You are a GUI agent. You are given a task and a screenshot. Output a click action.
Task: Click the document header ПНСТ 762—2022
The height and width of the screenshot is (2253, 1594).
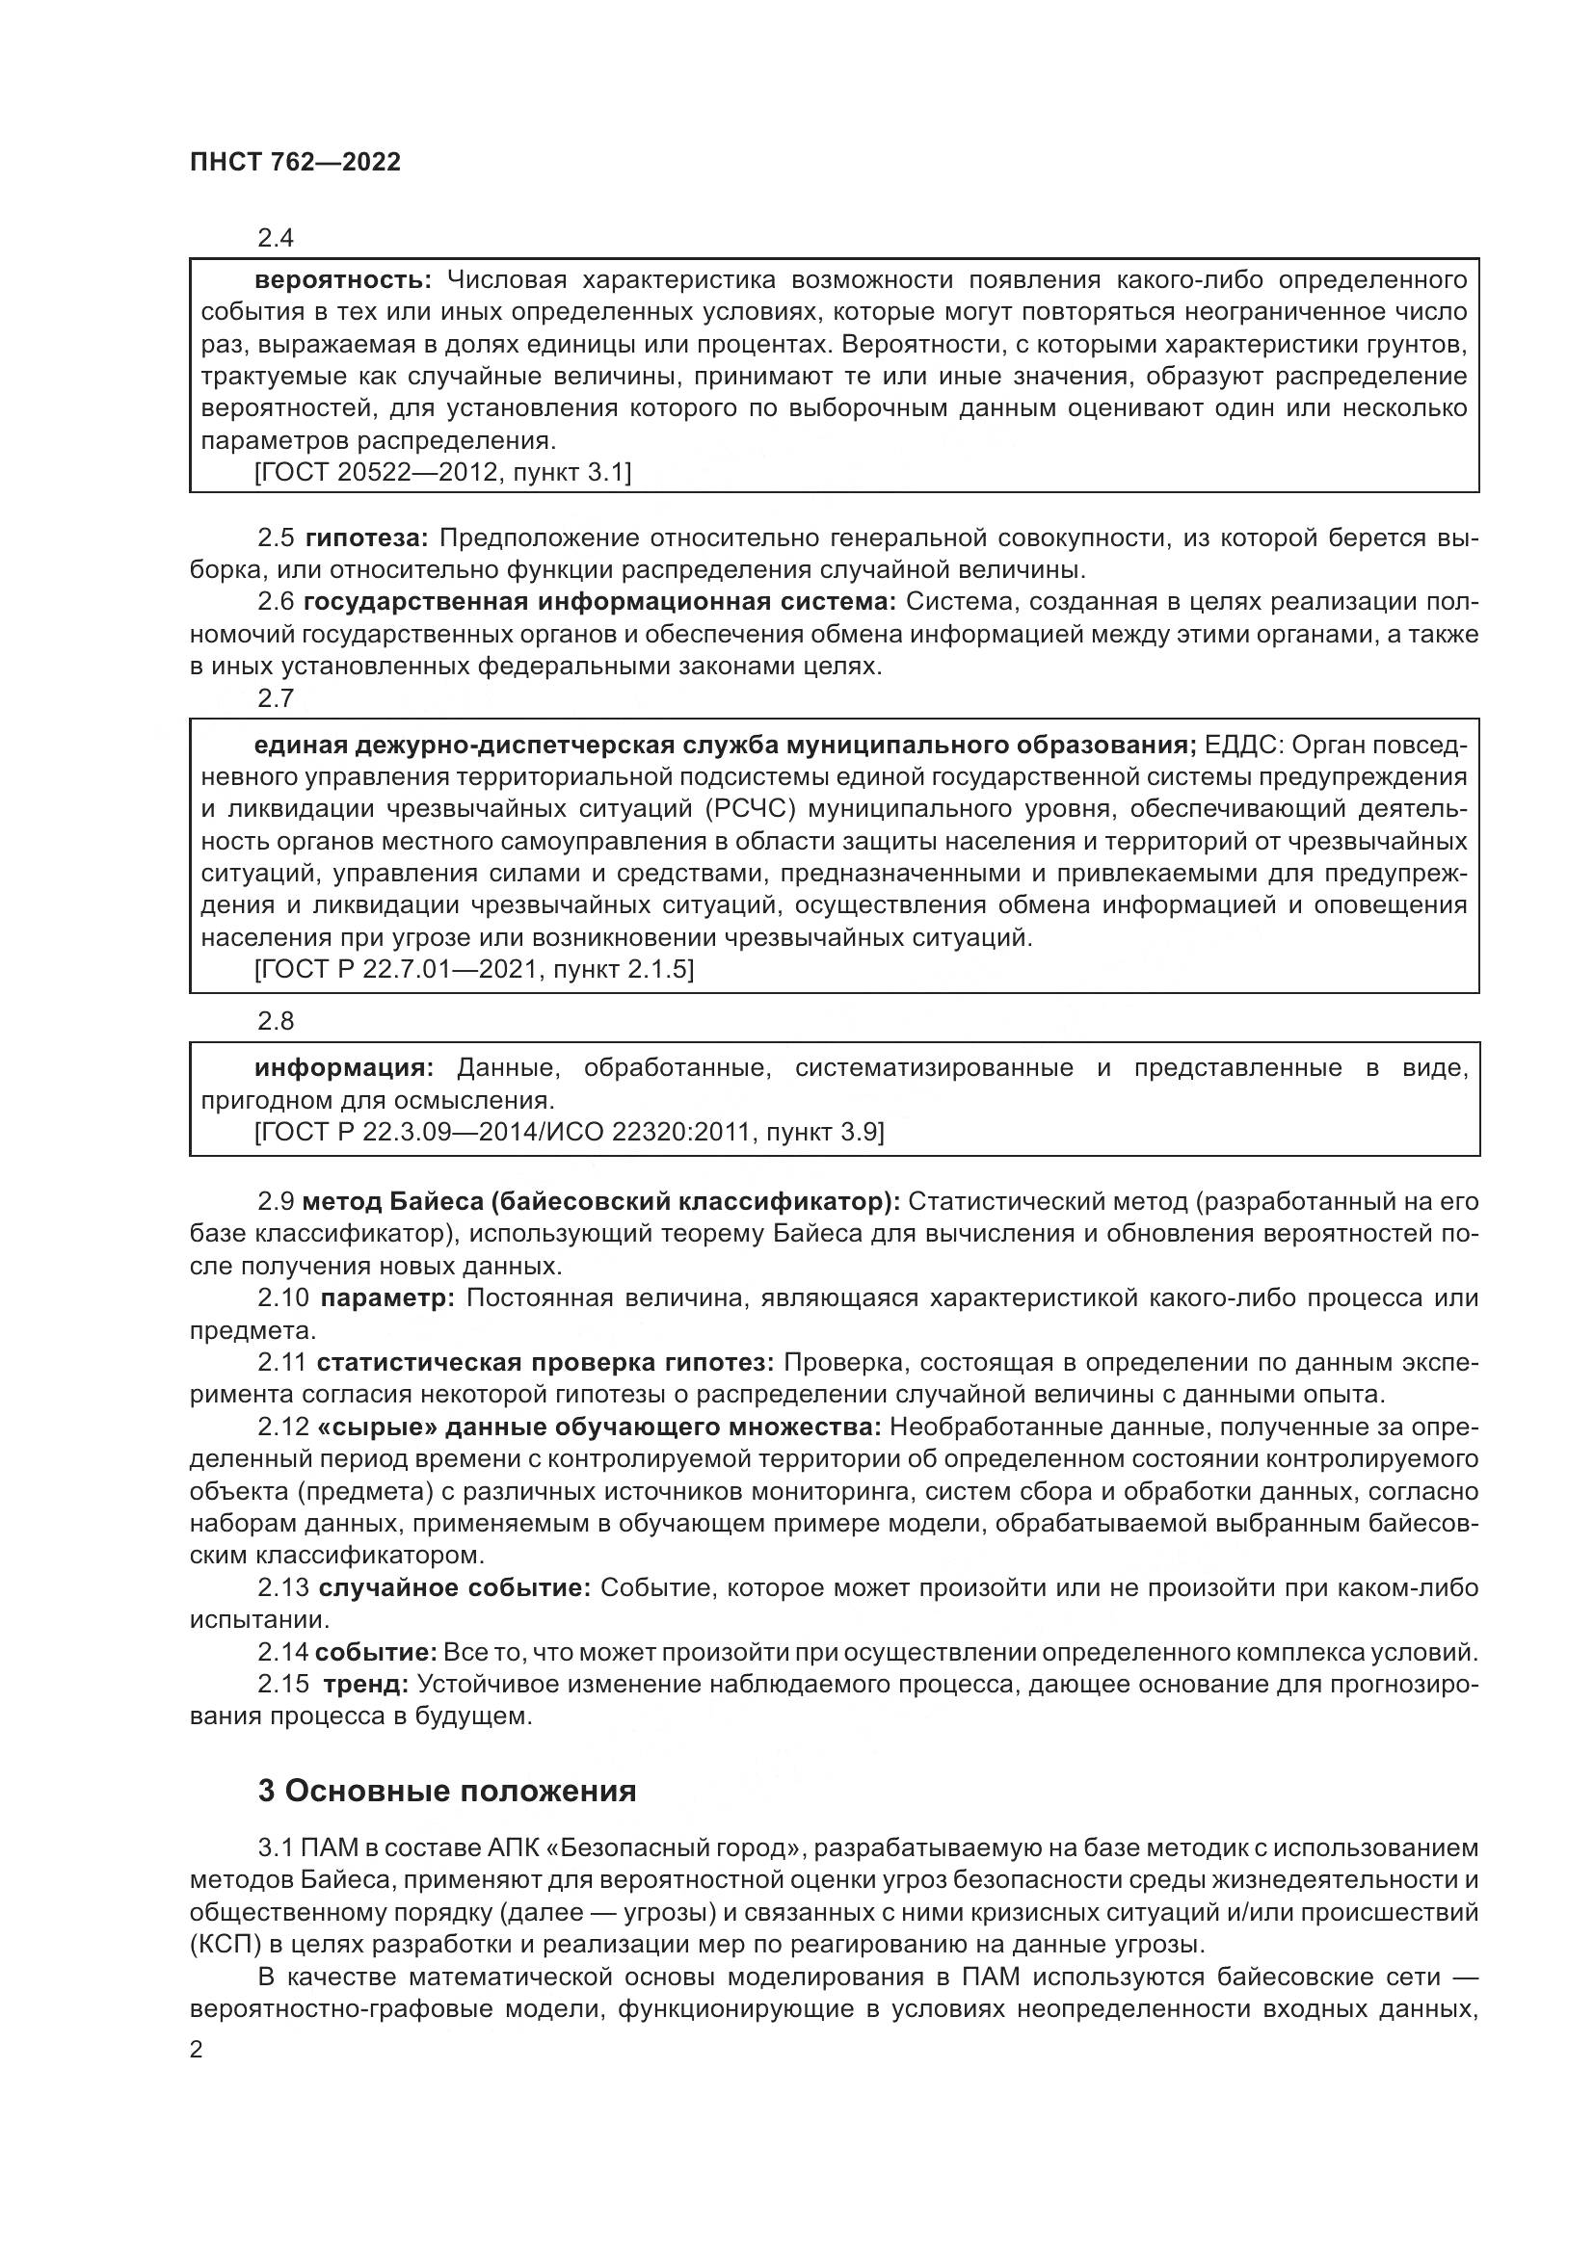pos(296,162)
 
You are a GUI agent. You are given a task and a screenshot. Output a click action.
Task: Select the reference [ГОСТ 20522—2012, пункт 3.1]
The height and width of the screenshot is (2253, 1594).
pos(442,473)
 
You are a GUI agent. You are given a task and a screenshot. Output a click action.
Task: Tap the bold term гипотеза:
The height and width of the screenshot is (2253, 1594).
pos(367,537)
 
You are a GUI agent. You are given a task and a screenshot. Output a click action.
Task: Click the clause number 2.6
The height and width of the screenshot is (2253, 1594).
pos(276,601)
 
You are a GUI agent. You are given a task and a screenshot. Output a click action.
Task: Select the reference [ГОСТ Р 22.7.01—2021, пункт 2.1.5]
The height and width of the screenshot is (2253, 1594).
pos(474,970)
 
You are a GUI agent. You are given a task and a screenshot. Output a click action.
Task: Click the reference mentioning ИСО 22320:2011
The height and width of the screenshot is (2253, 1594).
pos(570,1133)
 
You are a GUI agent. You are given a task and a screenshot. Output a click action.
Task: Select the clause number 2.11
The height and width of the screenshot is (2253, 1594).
pos(282,1362)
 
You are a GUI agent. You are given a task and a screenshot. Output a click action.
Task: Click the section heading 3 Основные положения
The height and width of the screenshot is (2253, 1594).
pos(446,1791)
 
